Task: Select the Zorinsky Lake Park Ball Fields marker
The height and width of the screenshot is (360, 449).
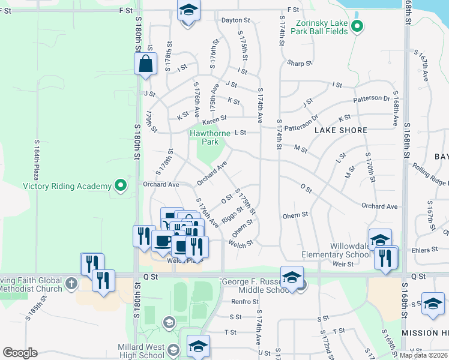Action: [x=357, y=26]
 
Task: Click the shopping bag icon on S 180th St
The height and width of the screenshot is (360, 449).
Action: [x=145, y=64]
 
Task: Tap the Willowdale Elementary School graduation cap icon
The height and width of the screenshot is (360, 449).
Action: [x=379, y=240]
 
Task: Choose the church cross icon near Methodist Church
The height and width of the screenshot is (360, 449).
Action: [x=71, y=283]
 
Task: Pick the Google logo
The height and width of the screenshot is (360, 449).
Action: [x=20, y=353]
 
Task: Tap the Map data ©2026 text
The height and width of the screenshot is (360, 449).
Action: [x=423, y=355]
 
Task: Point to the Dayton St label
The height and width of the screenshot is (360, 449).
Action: [x=235, y=20]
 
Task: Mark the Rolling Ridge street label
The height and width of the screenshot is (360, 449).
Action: [x=431, y=173]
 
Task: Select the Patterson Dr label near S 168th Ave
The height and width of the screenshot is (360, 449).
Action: [x=372, y=98]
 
